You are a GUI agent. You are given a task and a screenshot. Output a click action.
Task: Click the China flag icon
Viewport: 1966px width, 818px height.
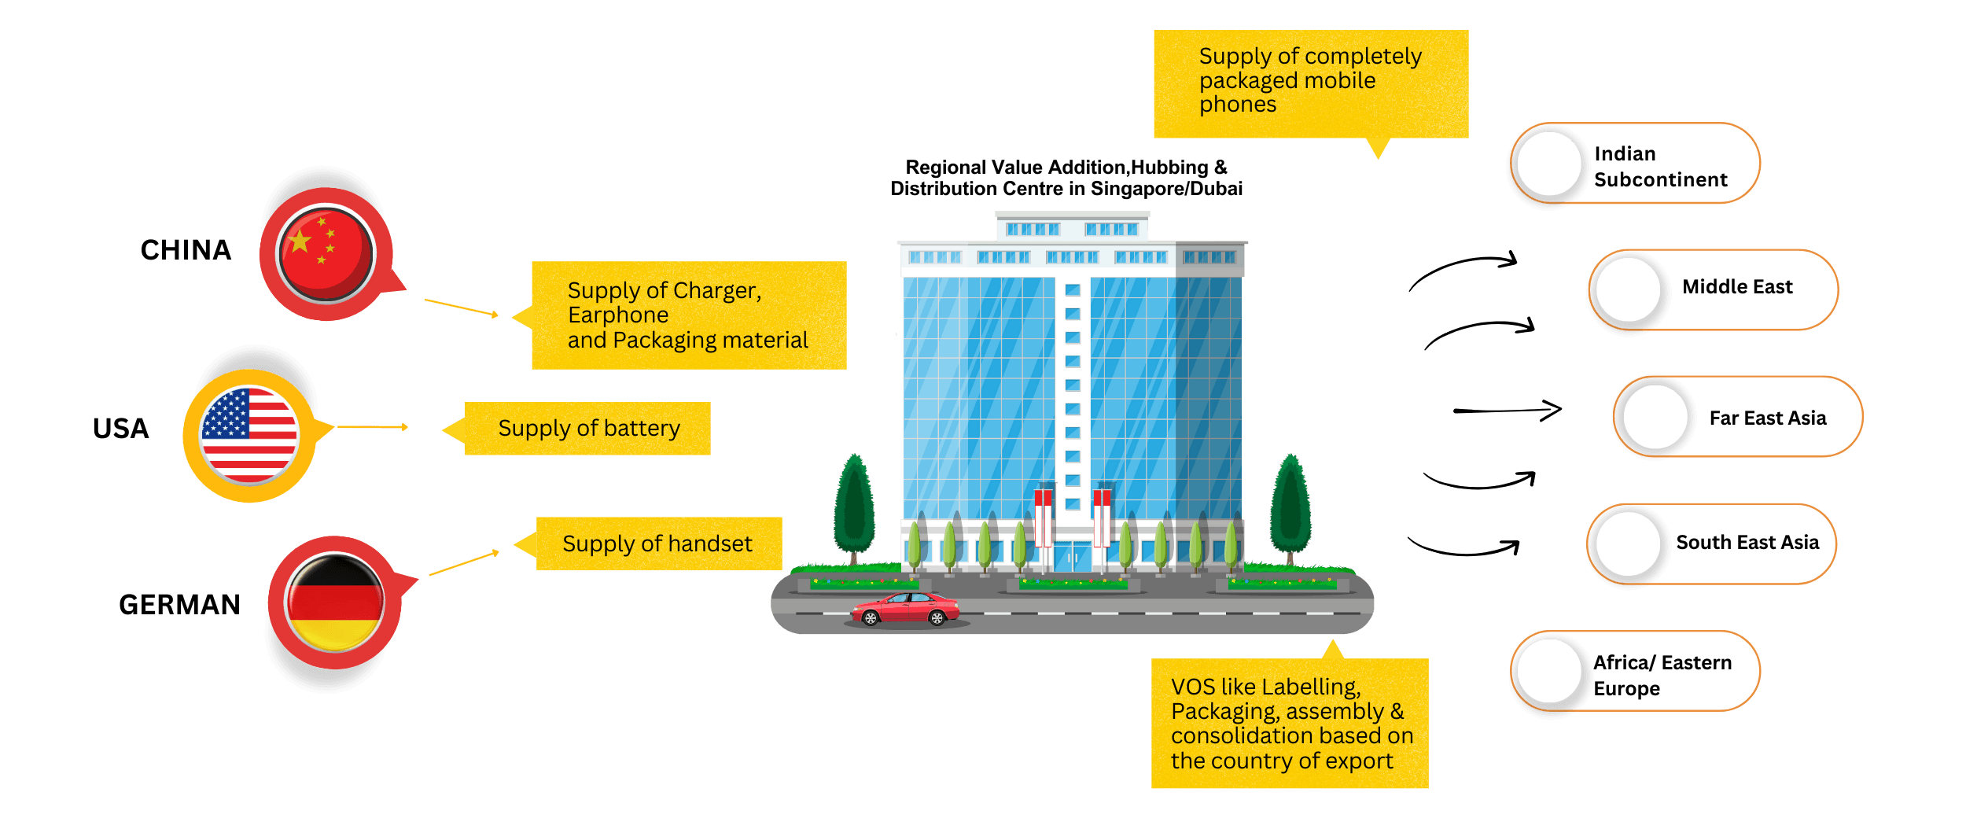326,253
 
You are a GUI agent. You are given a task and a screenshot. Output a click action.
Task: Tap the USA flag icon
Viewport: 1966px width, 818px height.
249,435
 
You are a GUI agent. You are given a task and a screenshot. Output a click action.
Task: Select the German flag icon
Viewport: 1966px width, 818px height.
335,602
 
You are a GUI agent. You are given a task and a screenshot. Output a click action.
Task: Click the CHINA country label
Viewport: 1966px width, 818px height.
186,250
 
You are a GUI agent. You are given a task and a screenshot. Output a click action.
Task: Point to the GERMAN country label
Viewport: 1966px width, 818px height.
179,604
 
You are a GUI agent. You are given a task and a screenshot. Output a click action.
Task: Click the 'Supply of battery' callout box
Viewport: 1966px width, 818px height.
588,429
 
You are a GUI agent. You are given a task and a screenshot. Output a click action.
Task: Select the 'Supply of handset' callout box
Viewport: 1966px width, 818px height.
658,543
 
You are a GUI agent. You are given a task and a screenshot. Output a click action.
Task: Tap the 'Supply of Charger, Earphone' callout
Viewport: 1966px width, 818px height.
688,315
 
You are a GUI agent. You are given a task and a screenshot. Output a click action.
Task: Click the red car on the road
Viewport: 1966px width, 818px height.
906,610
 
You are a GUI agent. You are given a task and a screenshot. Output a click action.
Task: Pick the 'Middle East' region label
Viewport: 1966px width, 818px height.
1737,287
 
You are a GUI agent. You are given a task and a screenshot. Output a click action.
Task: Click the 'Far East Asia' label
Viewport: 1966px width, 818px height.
1767,418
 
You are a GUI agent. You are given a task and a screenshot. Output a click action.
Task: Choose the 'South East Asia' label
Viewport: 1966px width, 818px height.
1747,543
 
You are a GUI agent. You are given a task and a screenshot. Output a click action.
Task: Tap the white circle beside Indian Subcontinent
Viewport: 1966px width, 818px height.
1548,164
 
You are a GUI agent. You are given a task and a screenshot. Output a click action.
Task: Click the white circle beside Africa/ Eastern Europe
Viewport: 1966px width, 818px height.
1548,671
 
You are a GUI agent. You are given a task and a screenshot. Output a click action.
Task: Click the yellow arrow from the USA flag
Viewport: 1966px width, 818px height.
373,427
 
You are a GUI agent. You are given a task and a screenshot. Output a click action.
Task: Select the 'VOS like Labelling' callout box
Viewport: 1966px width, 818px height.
1290,724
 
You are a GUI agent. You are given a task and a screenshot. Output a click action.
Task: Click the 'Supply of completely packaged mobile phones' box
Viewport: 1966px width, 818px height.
1310,82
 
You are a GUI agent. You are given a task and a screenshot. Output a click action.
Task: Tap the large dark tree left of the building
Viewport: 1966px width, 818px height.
854,507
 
